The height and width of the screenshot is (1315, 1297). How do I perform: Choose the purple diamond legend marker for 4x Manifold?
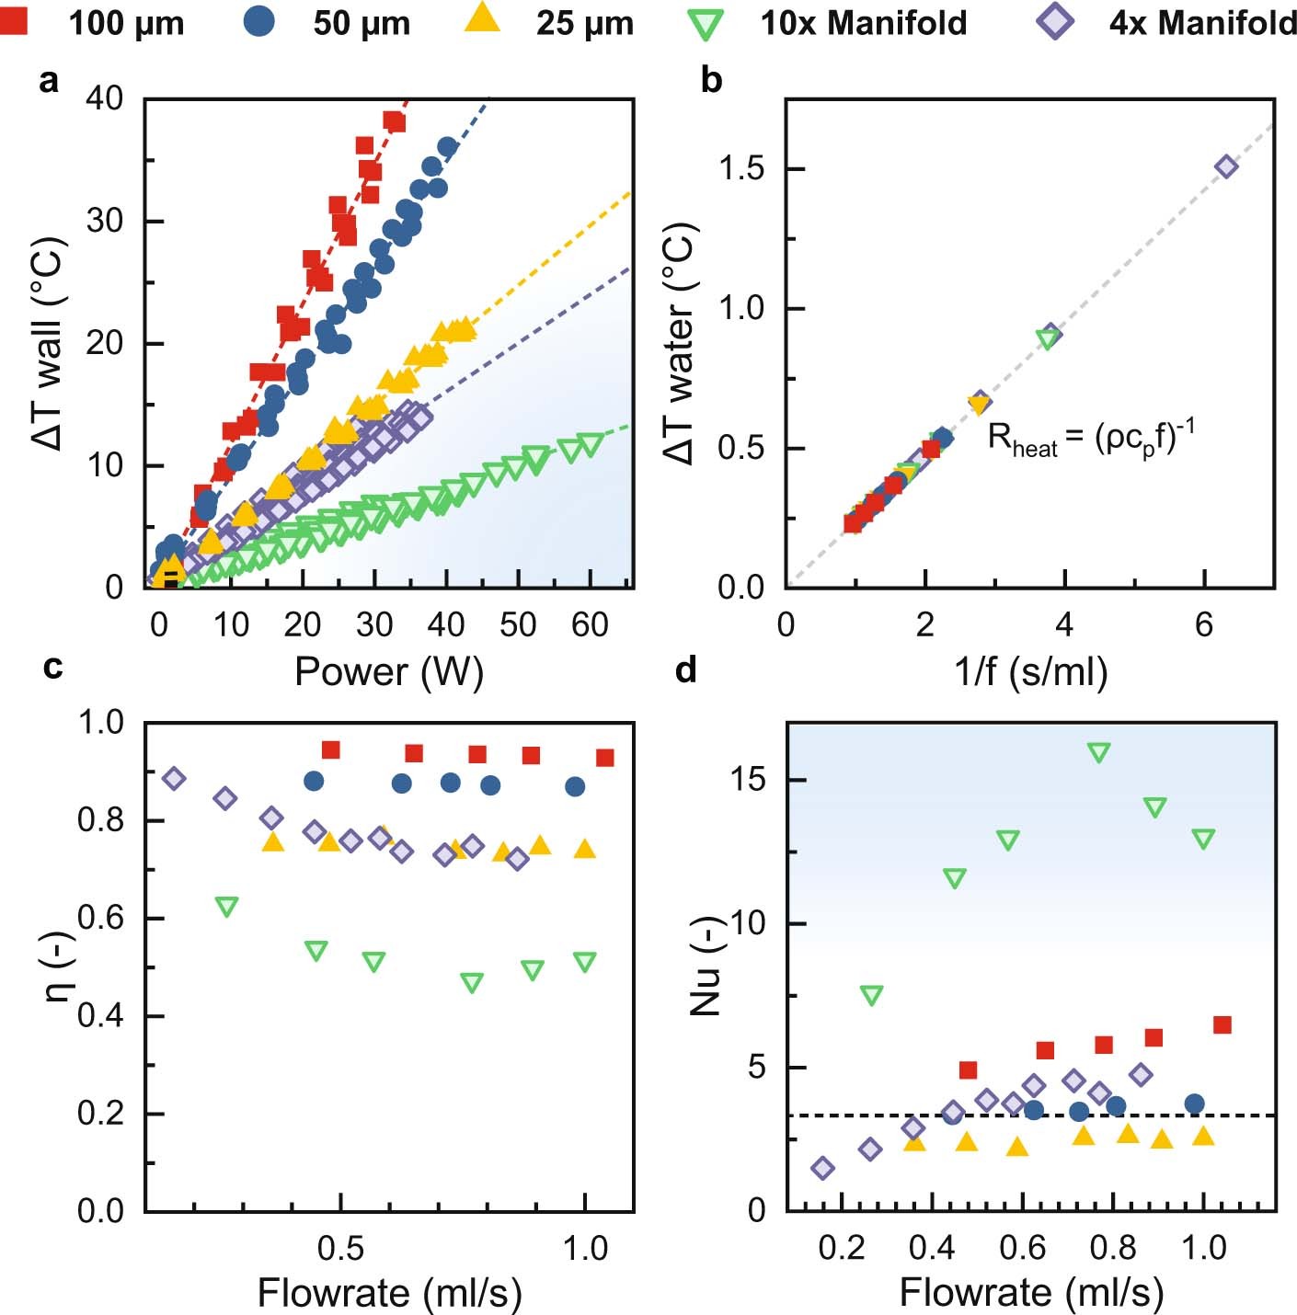[x=1055, y=20]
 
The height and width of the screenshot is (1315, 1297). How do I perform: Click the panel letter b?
[x=711, y=81]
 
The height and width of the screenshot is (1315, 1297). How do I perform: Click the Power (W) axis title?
[x=388, y=672]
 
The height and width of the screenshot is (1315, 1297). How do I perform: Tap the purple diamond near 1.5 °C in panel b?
[x=1226, y=166]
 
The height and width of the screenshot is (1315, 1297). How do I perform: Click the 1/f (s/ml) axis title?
[x=1030, y=672]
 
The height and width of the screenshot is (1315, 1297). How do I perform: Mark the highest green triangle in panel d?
[x=1098, y=752]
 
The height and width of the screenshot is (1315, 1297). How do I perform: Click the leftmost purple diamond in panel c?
[x=174, y=779]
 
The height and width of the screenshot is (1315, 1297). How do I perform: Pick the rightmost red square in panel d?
[x=1222, y=1024]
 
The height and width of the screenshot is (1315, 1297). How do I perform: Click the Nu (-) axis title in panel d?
[x=706, y=966]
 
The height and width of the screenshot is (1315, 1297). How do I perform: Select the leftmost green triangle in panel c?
[x=226, y=907]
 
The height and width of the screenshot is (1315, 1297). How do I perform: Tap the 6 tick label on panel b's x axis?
[x=1204, y=625]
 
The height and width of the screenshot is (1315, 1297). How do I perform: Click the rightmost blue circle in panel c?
[x=575, y=786]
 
